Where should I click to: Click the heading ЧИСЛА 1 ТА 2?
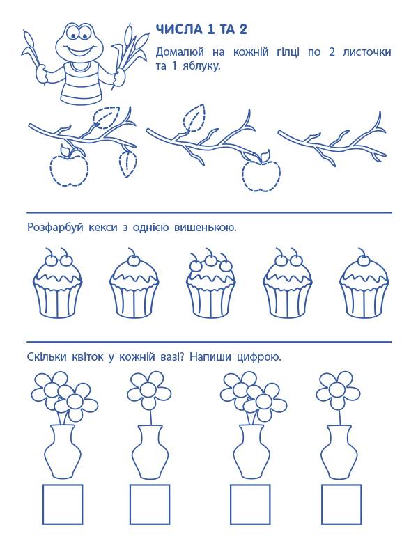(201, 30)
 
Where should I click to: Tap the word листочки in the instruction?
(367, 52)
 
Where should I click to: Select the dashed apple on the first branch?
(69, 170)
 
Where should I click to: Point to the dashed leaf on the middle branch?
(194, 117)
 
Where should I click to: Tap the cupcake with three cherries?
(210, 283)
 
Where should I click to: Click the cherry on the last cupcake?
(364, 260)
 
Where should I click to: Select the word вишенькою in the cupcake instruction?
(205, 228)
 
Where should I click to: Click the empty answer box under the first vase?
(63, 504)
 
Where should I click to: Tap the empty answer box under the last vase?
(341, 504)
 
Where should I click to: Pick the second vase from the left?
(150, 452)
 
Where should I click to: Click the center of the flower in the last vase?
(336, 389)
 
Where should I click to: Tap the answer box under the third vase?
(250, 504)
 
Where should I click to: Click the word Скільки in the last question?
(47, 356)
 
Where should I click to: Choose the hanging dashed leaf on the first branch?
(127, 164)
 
